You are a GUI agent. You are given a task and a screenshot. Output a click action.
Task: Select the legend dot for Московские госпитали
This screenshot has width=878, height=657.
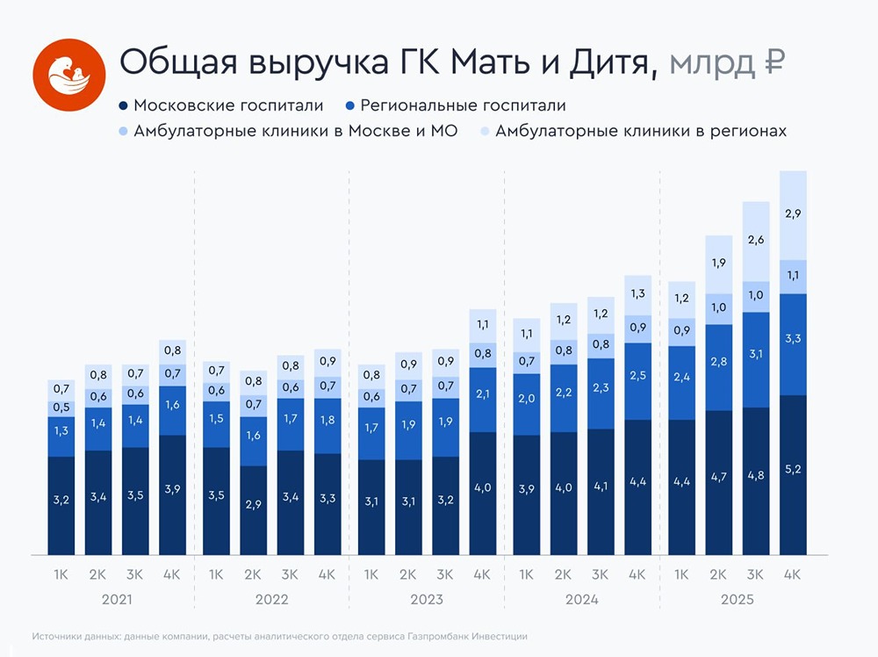click(x=124, y=106)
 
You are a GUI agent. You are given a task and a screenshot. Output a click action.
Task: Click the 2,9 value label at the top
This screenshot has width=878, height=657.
click(x=794, y=213)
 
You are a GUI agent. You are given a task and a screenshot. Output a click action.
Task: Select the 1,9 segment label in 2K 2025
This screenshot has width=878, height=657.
click(x=719, y=263)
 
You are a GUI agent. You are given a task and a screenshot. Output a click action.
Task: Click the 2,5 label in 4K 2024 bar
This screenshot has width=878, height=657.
click(x=638, y=376)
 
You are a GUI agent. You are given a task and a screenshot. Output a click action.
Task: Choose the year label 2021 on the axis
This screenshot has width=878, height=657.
click(x=117, y=600)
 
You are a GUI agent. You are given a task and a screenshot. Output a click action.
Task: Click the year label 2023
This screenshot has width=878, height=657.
click(x=426, y=600)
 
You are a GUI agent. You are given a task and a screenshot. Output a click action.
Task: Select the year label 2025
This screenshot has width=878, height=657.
click(x=737, y=600)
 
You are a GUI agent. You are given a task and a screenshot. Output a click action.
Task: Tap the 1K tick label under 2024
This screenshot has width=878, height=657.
click(x=526, y=575)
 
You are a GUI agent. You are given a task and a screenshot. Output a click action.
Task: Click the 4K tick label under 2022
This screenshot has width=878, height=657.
click(x=327, y=575)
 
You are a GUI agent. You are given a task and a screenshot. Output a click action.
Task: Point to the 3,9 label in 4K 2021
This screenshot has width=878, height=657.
click(x=172, y=488)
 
